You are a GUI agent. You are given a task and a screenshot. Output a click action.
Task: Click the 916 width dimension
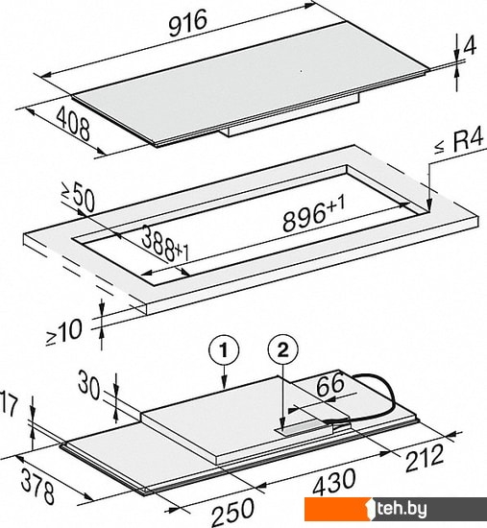(x=187, y=23)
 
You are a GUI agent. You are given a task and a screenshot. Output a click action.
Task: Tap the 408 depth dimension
(x=73, y=123)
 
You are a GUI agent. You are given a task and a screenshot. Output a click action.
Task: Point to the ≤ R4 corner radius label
(x=459, y=143)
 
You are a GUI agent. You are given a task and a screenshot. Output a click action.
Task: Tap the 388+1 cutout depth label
(x=165, y=243)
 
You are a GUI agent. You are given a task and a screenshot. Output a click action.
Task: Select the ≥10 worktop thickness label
(x=63, y=332)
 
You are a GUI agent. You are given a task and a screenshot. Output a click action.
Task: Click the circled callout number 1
(x=224, y=350)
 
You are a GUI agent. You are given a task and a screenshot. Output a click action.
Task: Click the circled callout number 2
(x=282, y=350)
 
